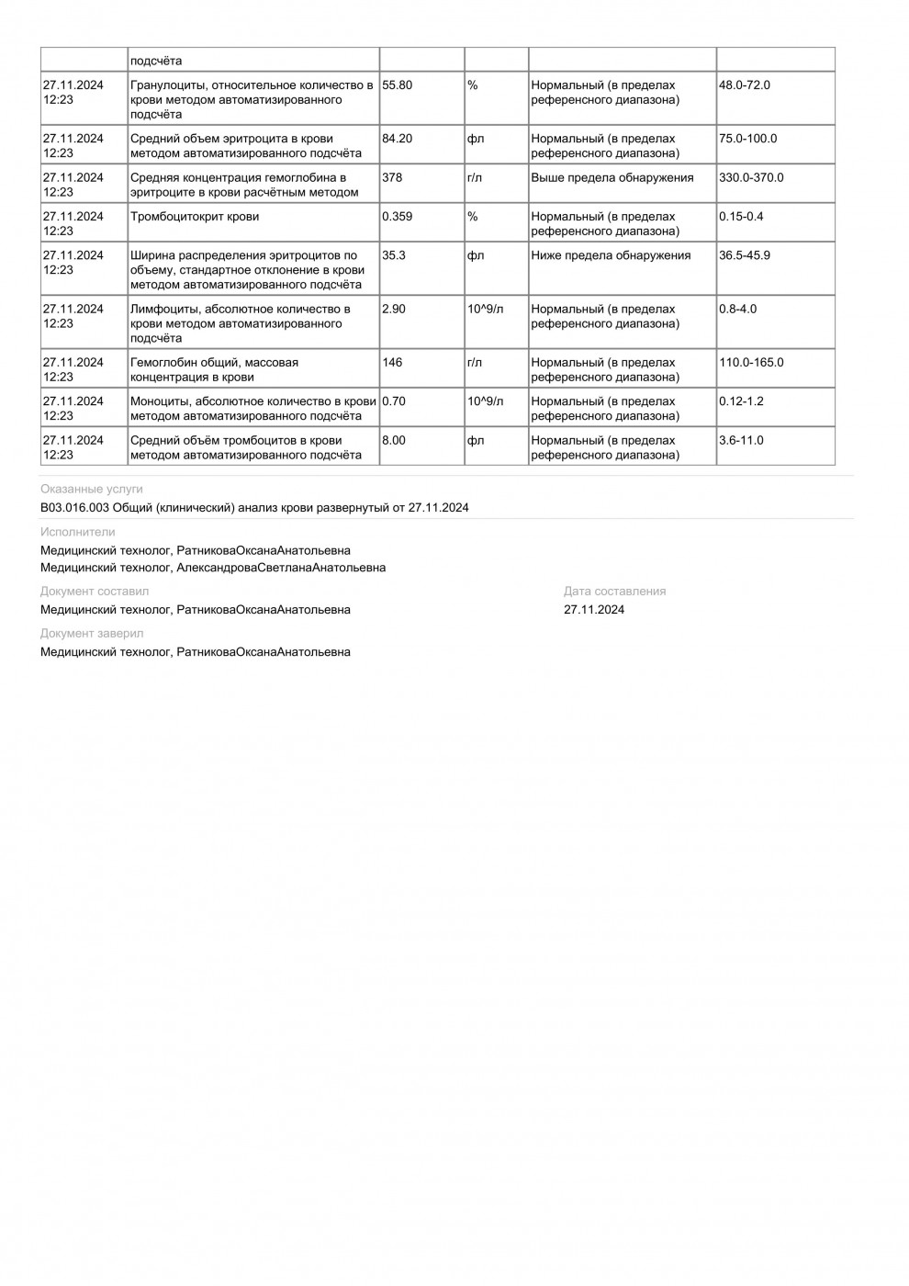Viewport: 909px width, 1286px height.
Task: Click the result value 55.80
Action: [397, 85]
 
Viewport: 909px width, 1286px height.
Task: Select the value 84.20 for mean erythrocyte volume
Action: [397, 139]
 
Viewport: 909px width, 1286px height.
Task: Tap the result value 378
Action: [392, 177]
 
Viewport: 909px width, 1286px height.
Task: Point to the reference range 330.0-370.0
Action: [751, 177]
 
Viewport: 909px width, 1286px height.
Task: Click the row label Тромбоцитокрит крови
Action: [195, 217]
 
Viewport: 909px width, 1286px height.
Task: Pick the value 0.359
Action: [397, 217]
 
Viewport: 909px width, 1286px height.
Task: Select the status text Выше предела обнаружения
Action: [612, 177]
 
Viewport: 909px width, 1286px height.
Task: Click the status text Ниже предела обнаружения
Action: [611, 255]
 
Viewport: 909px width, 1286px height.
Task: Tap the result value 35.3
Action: [394, 255]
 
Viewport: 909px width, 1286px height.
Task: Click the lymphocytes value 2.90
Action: [394, 309]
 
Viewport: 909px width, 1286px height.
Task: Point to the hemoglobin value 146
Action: [392, 362]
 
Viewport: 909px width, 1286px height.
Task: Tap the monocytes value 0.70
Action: [394, 401]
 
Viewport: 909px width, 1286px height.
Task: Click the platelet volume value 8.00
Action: [394, 440]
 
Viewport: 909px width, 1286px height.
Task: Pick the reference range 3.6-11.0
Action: [741, 440]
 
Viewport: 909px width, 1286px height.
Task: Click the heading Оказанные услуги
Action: [92, 490]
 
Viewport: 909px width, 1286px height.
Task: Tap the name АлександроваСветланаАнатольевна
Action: [281, 568]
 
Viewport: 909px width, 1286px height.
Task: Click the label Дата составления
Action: [614, 592]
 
